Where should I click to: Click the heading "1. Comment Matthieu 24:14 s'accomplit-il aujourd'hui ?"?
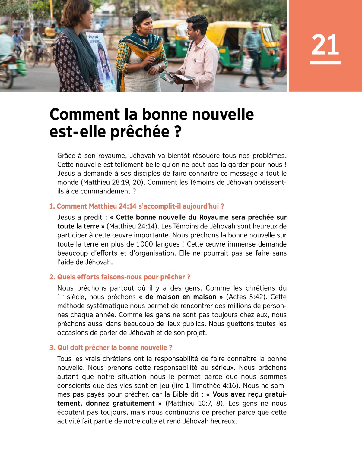pos(137,206)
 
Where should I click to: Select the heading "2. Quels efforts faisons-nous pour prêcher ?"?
pos(120,277)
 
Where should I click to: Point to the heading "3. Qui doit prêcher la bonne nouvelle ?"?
pos(111,347)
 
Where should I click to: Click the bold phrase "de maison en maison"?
pos(181,297)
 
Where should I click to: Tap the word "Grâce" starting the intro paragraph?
pos(66,156)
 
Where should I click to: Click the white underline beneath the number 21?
pos(325,63)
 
